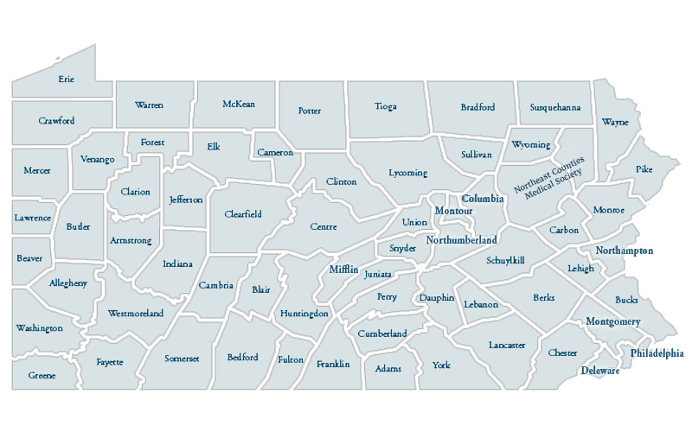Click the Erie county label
66,79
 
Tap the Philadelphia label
657,353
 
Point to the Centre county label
324,227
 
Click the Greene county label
42,376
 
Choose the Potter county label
310,111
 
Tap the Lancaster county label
506,345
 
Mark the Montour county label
453,211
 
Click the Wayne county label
615,122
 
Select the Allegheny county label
67,283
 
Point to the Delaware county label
599,371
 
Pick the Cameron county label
275,153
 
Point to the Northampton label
624,251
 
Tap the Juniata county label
378,274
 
